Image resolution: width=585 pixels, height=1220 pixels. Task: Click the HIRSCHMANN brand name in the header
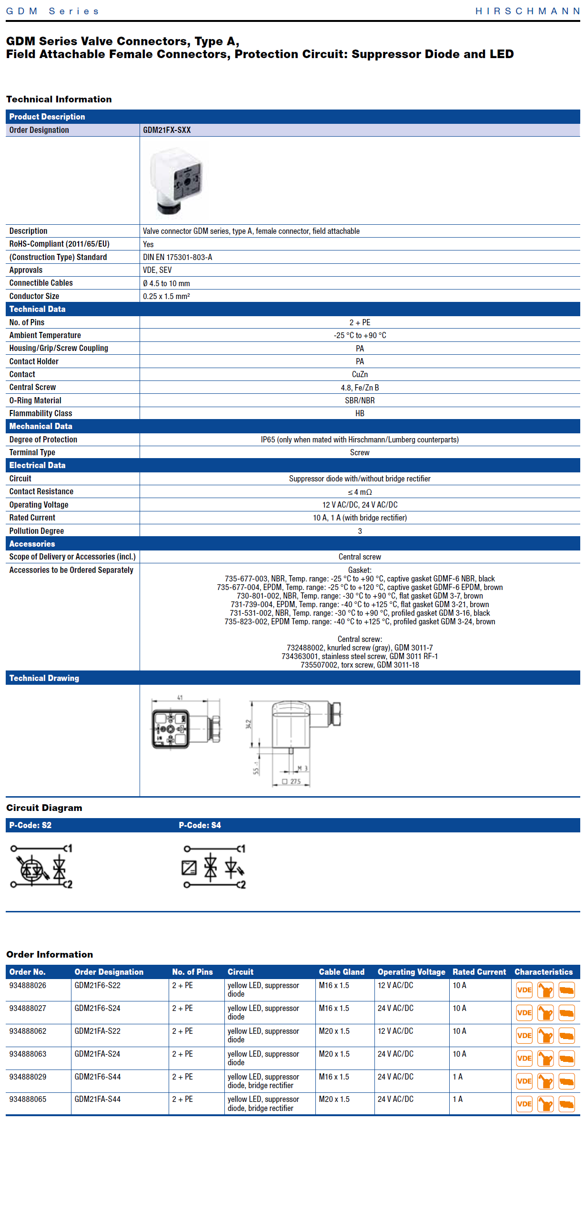[x=527, y=11]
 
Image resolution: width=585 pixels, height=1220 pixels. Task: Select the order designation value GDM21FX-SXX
[x=167, y=130]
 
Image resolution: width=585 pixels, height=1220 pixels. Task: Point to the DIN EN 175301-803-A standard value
[x=177, y=257]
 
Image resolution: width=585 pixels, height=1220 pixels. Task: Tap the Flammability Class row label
[x=40, y=413]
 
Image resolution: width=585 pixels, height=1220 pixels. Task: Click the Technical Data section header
[x=37, y=309]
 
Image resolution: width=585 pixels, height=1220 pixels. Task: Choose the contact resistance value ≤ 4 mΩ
[x=360, y=492]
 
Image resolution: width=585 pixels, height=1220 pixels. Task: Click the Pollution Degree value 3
[x=360, y=531]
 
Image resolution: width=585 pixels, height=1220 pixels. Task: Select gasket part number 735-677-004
[x=238, y=587]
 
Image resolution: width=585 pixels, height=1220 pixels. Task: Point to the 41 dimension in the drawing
[x=180, y=698]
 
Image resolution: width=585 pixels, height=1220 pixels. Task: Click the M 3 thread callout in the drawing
[x=302, y=768]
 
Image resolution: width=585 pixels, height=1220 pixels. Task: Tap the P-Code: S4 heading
[x=200, y=825]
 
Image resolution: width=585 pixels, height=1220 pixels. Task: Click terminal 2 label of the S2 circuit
[x=69, y=884]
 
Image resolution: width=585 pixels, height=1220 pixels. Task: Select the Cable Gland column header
[x=341, y=972]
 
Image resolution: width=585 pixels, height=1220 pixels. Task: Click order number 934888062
[x=28, y=1031]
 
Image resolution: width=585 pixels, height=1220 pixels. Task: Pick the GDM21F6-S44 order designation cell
[x=98, y=1077]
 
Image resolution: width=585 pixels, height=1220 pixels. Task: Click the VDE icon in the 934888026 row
[x=524, y=990]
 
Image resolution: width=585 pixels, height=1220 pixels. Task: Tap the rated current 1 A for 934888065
[x=457, y=1099]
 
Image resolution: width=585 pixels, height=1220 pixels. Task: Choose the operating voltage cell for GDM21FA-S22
[x=395, y=1031]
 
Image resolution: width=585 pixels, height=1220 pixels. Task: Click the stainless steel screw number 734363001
[x=299, y=656]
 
